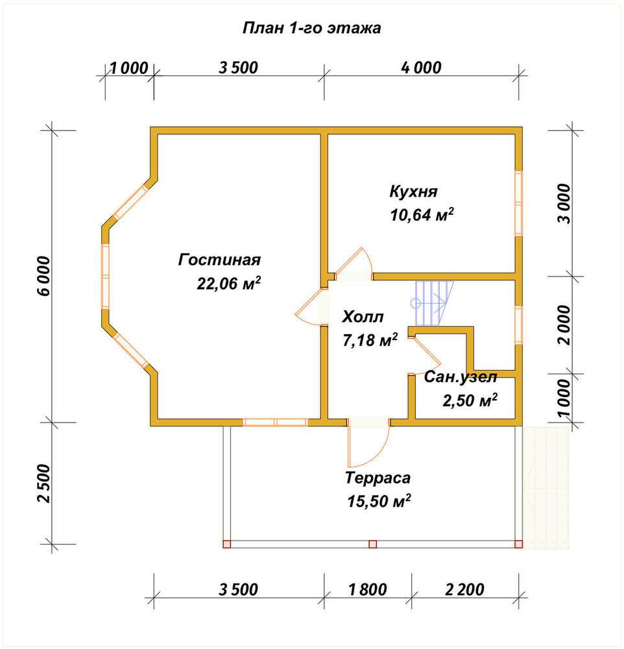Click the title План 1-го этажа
pos(311,28)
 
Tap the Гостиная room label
pos(219,260)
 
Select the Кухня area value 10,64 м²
pos(422,215)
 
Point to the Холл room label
pos(363,317)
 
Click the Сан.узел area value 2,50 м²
pos(470,400)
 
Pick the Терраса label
pos(378,478)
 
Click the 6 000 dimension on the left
pos(43,276)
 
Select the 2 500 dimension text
pos(43,483)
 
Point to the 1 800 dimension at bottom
pos(367,589)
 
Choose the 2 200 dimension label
pos(464,589)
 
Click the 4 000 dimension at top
pos(421,67)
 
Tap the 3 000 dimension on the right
pos(564,203)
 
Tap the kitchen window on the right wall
pos(518,203)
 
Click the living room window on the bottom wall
pos(275,422)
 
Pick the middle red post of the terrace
pos(372,544)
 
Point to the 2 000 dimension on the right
pos(564,325)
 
